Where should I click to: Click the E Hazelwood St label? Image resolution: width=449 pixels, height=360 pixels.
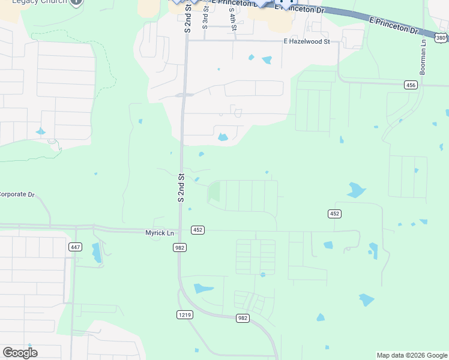coord(307,41)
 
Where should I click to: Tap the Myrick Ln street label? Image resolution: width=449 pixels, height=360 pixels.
coord(160,233)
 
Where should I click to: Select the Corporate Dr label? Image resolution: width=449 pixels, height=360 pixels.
coord(17,194)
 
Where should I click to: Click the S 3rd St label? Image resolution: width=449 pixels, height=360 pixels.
coord(205,19)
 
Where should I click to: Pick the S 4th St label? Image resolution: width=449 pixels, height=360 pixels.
coord(232,19)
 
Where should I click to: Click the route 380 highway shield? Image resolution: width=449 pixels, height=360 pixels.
coord(441,38)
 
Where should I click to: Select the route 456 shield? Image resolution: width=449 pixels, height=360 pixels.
coord(411,85)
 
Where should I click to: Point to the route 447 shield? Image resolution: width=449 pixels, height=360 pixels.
coord(75,247)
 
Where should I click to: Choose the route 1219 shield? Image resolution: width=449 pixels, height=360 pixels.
coord(185,314)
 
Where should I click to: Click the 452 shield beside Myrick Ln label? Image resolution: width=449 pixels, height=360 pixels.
coord(197,230)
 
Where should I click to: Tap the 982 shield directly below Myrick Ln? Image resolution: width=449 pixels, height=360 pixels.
coord(179,247)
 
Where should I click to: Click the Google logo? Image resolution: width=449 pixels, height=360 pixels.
coord(20,353)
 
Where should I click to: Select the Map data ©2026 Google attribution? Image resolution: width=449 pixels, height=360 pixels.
coord(411,355)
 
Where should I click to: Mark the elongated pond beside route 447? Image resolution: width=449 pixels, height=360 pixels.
coord(97,253)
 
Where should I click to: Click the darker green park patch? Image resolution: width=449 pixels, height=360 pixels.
coord(214,192)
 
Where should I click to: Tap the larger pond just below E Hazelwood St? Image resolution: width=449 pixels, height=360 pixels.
coord(267,60)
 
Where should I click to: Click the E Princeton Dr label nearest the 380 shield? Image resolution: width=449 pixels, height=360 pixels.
coord(393,25)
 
